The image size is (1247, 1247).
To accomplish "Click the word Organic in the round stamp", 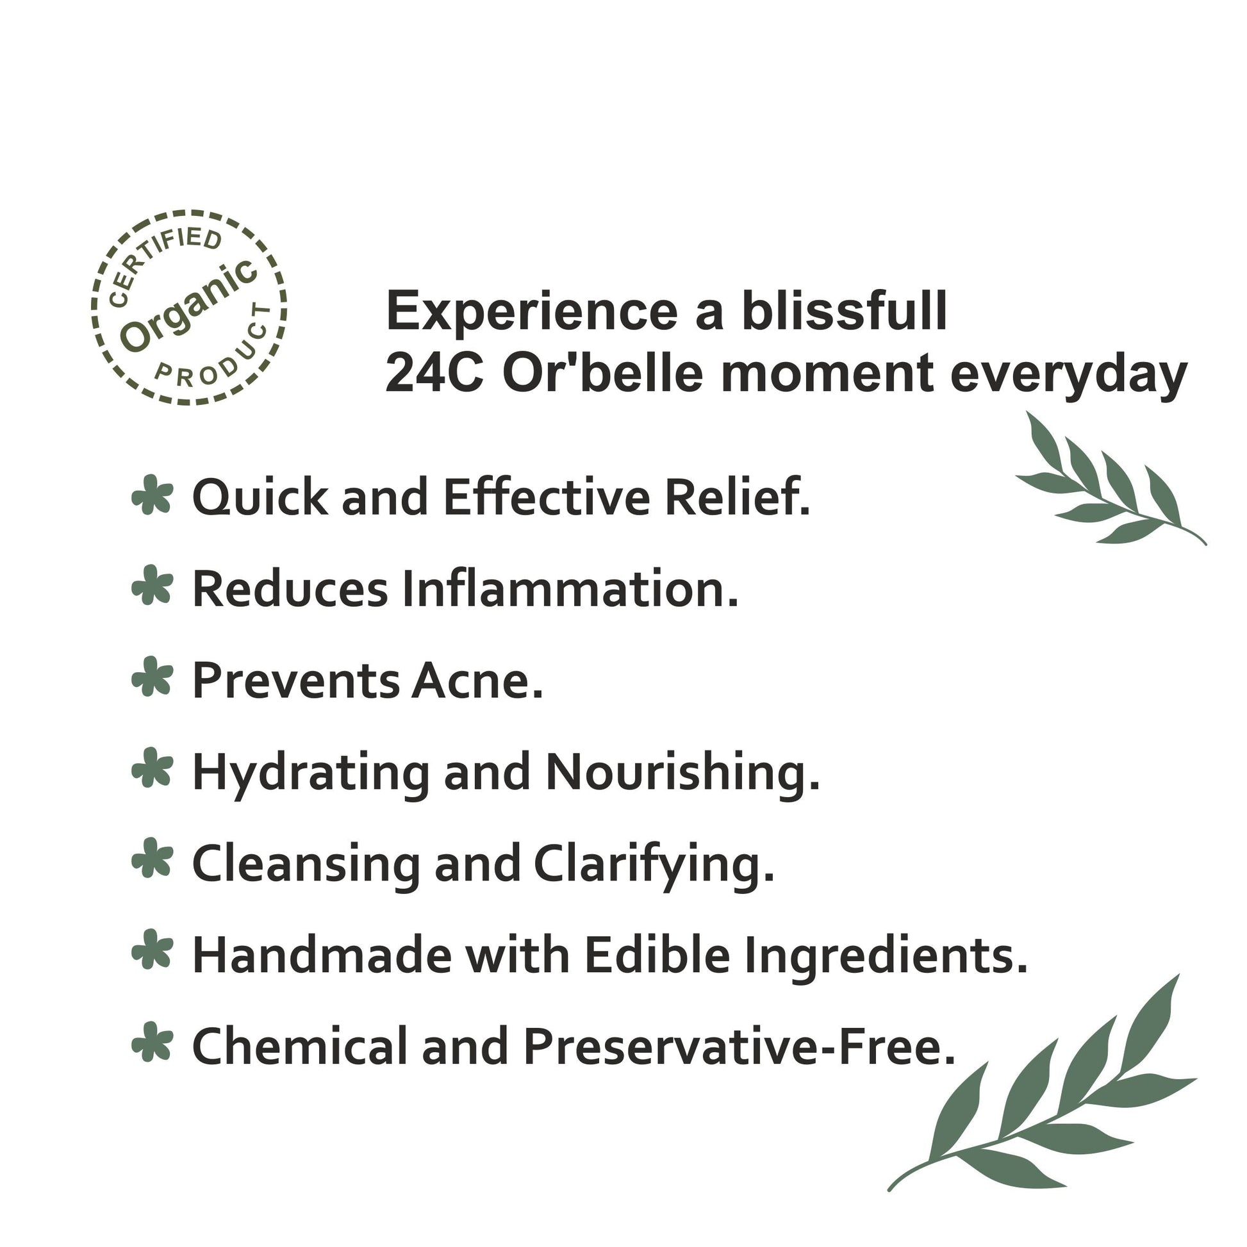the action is tap(189, 306).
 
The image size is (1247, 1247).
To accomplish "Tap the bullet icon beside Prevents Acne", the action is tap(153, 677).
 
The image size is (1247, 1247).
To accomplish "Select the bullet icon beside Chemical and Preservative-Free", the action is tap(153, 1042).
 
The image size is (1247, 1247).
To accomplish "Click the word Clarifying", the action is tap(654, 866).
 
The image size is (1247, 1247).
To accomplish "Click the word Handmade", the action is tap(322, 955).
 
